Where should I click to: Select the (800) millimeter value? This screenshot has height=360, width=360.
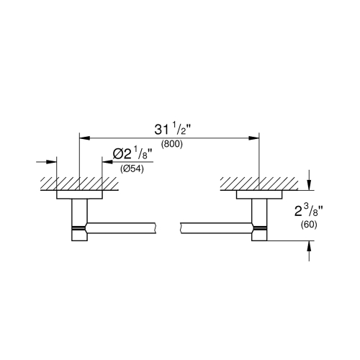[x=171, y=144]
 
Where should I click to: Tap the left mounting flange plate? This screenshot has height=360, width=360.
[x=78, y=194]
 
